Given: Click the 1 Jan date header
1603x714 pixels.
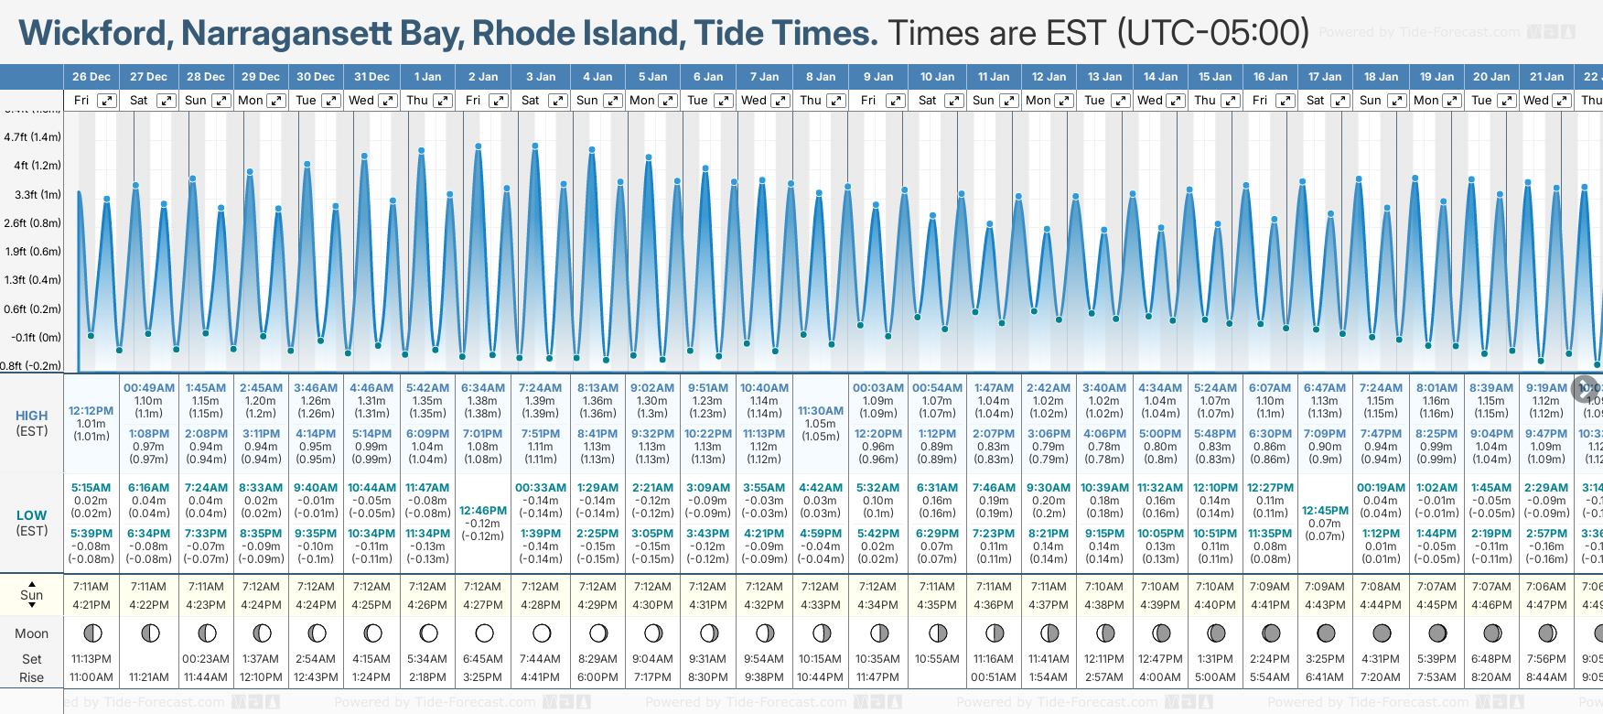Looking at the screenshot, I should (x=427, y=77).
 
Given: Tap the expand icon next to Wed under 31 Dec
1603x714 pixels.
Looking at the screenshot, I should (x=387, y=101).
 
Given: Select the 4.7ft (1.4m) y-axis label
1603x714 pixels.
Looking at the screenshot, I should (x=32, y=137).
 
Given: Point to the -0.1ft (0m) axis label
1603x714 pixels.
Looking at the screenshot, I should (x=36, y=337).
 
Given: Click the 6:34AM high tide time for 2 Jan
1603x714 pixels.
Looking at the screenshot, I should (x=482, y=388).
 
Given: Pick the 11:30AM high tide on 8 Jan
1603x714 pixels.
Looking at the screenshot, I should (x=820, y=411).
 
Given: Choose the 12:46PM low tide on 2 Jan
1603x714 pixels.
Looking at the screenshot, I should (x=482, y=511).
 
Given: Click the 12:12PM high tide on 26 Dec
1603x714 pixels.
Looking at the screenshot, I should (x=91, y=411).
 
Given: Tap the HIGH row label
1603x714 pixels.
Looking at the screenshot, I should (x=32, y=416).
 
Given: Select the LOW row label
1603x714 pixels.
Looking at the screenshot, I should (x=32, y=515).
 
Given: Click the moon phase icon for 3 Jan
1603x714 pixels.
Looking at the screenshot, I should (x=542, y=633).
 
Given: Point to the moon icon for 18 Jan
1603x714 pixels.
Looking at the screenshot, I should (x=1382, y=633).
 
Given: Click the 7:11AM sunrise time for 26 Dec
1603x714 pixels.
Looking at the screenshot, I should (x=91, y=587).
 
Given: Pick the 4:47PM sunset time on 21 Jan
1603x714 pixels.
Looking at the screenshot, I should (x=1546, y=605).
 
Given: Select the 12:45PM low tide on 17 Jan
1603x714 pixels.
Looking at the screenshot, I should (x=1325, y=511).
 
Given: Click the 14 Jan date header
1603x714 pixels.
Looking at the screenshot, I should (x=1161, y=77).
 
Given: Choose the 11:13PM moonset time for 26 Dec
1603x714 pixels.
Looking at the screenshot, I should (x=91, y=659).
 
